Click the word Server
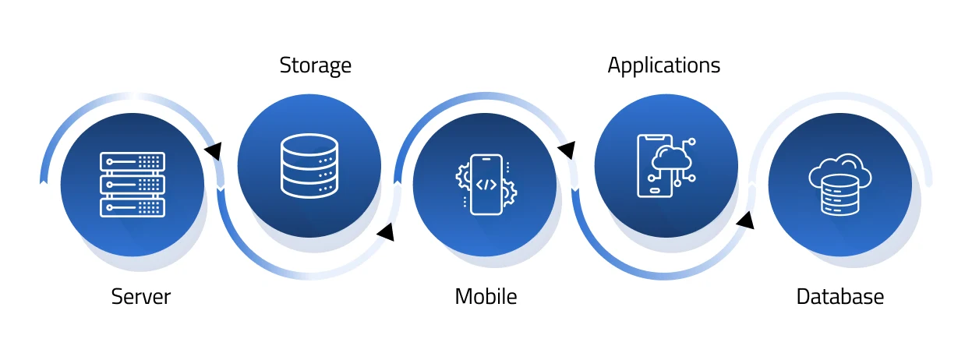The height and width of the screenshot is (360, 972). point(140,297)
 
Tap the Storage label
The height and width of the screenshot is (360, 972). point(315,65)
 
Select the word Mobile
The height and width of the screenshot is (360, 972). point(486,297)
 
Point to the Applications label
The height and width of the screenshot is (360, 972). point(663,65)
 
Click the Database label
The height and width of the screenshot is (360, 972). point(839,297)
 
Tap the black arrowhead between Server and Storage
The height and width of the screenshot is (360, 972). point(212,150)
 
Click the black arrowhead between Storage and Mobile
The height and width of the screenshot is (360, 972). point(386,231)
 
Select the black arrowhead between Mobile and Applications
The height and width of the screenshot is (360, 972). point(567,149)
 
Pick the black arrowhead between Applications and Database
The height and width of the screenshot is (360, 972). point(745,221)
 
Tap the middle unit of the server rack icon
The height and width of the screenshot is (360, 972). point(133,185)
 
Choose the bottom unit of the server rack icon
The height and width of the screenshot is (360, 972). point(133,207)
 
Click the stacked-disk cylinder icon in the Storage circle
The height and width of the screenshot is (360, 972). point(309,165)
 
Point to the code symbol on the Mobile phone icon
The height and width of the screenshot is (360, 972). point(486,185)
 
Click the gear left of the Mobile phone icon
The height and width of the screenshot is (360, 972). point(462,176)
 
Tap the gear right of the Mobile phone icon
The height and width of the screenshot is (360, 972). point(509,192)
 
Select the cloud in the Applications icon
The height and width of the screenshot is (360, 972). point(673,158)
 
